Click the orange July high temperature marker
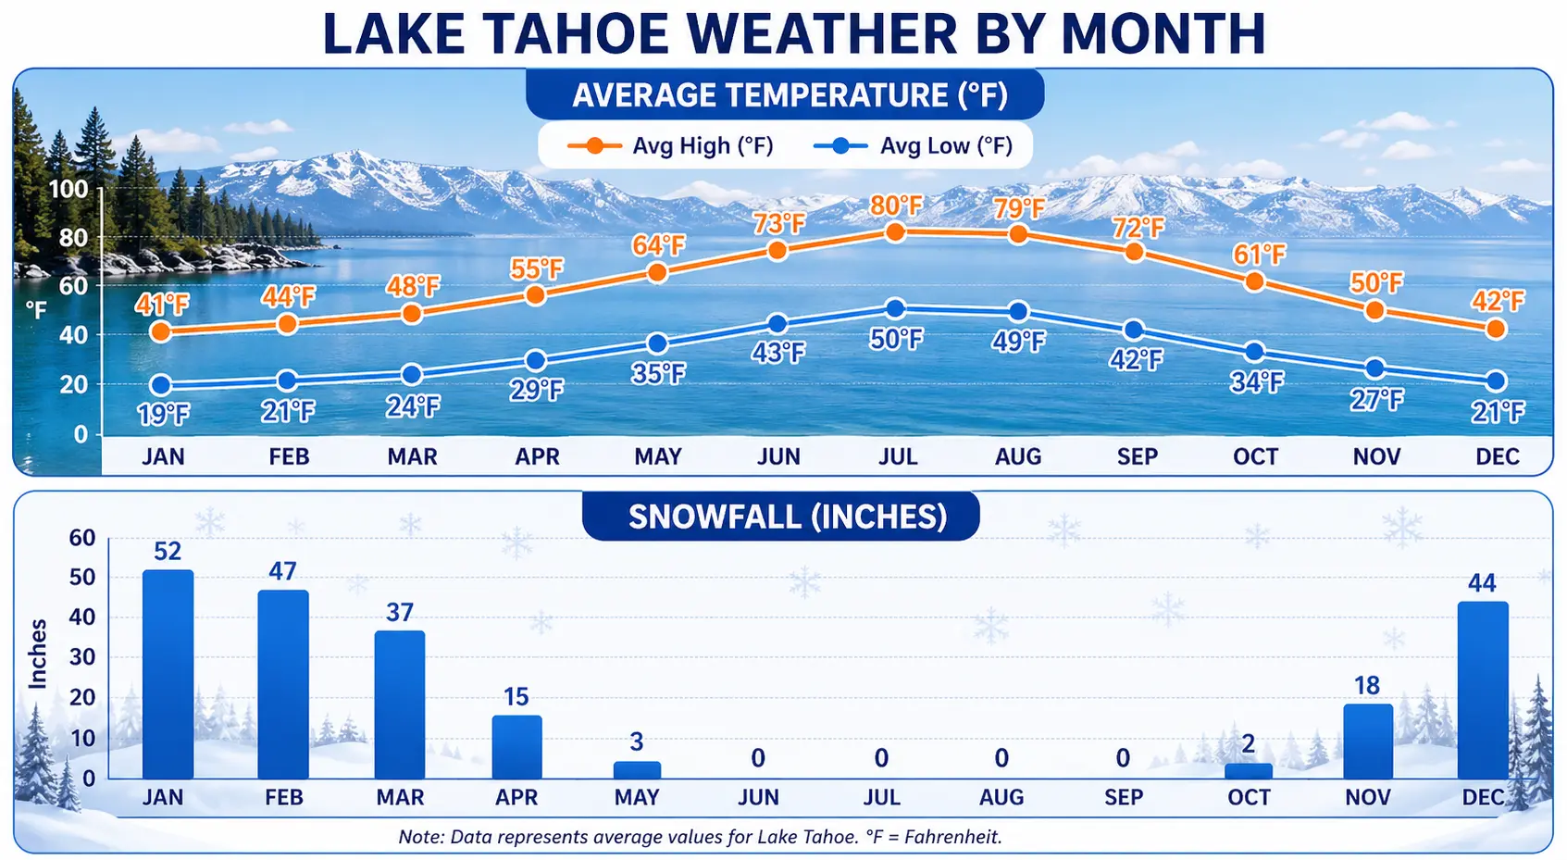pos(894,231)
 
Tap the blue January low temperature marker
pos(161,385)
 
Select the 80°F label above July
pos(896,206)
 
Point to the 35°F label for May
pos(658,374)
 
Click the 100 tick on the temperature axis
pos(68,190)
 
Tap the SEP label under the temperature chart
pos(1137,456)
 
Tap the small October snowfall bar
pos(1248,770)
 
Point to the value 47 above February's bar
pos(282,571)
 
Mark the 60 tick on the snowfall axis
pos(82,538)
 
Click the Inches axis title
pos(38,654)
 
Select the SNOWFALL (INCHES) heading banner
pos(787,517)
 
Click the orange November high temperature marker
pos(1374,310)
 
